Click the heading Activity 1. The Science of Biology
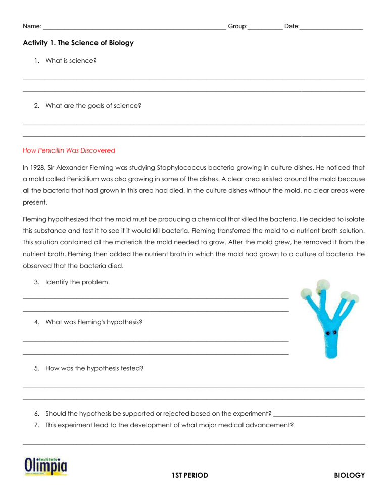click(x=78, y=43)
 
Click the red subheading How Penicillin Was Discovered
click(x=69, y=150)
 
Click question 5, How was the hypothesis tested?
click(x=94, y=368)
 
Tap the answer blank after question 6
click(x=318, y=414)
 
